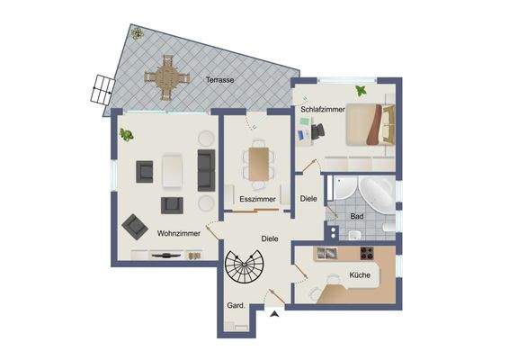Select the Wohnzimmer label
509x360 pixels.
pyautogui.click(x=178, y=232)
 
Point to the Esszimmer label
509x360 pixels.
pyautogui.click(x=256, y=198)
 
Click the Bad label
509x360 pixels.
pyautogui.click(x=356, y=216)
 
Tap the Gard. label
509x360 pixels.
pyautogui.click(x=237, y=304)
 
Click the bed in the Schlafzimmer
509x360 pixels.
pyautogui.click(x=371, y=125)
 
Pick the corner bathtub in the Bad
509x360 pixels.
pyautogui.click(x=372, y=190)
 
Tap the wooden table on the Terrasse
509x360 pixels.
pyautogui.click(x=166, y=76)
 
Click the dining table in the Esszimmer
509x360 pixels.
pyautogui.click(x=257, y=162)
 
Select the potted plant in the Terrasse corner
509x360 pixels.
pyautogui.click(x=137, y=34)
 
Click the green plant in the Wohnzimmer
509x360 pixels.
pyautogui.click(x=127, y=136)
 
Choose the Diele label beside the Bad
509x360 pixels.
pyautogui.click(x=308, y=198)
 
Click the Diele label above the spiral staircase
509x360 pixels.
pyautogui.click(x=269, y=238)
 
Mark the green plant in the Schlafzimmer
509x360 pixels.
pyautogui.click(x=362, y=90)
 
